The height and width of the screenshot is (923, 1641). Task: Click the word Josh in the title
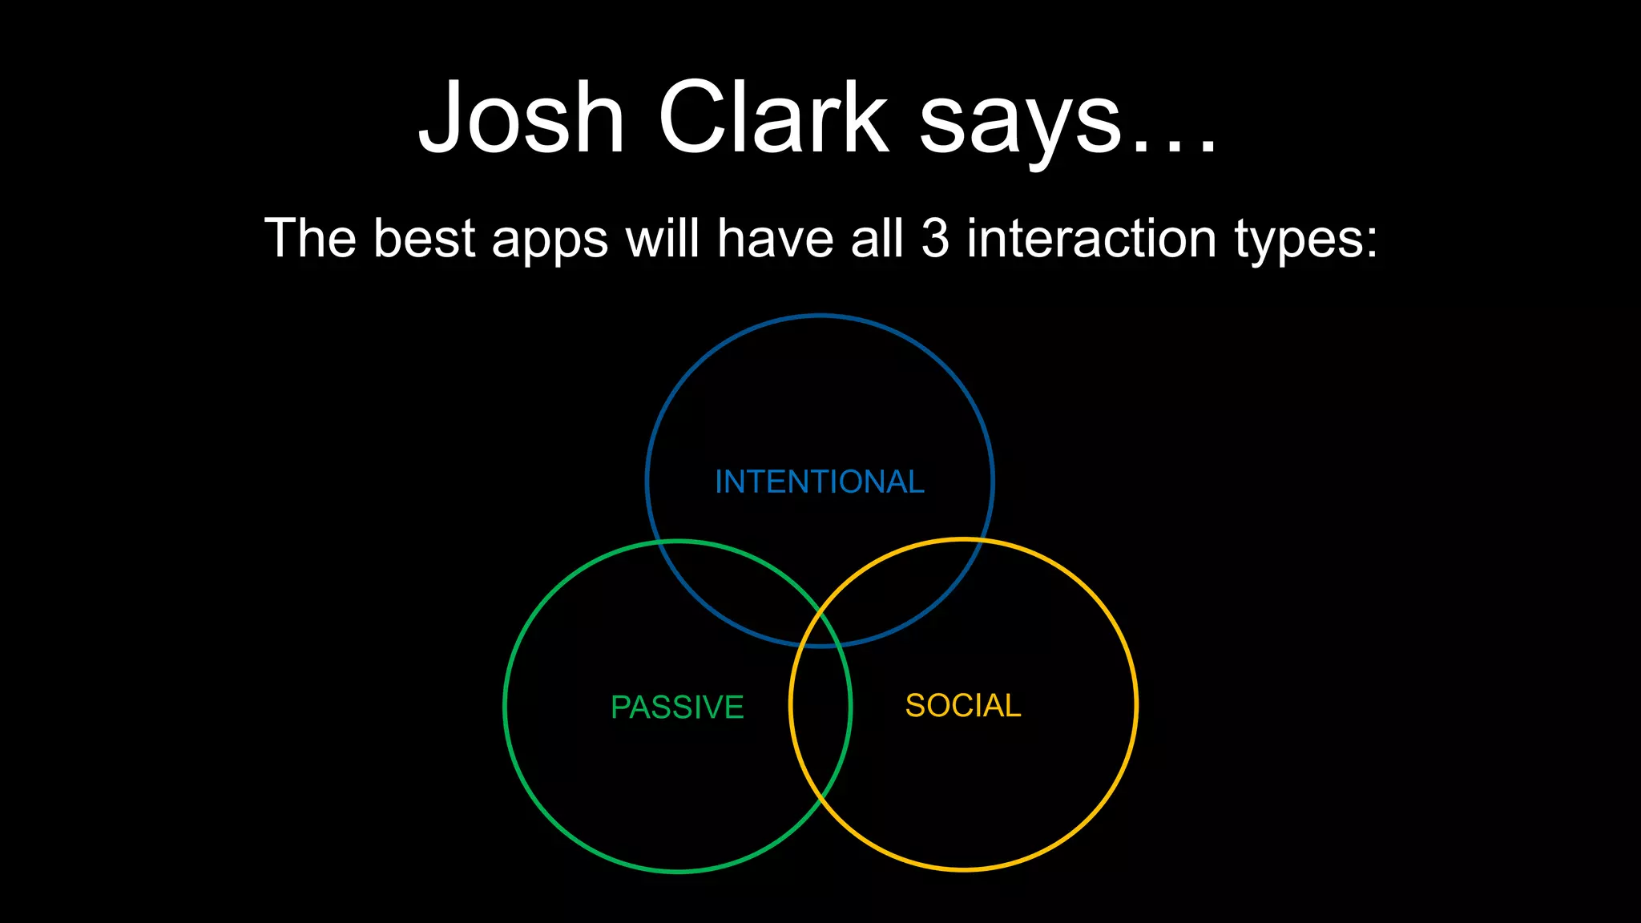(x=522, y=118)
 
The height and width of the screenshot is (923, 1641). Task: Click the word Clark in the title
(x=773, y=118)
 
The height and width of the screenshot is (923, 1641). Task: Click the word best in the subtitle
(x=425, y=238)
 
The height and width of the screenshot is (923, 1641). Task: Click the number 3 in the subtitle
(x=935, y=238)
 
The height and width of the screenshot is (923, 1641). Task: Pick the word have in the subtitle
(x=775, y=238)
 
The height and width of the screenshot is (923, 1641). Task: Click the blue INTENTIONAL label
(x=819, y=482)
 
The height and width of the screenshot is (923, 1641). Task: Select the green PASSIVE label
(x=677, y=707)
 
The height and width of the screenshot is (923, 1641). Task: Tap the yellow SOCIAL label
(x=962, y=706)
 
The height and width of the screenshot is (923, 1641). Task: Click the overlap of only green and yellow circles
(x=820, y=721)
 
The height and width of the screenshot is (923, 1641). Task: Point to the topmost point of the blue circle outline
(x=819, y=316)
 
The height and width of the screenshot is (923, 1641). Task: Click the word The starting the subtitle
(x=310, y=238)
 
